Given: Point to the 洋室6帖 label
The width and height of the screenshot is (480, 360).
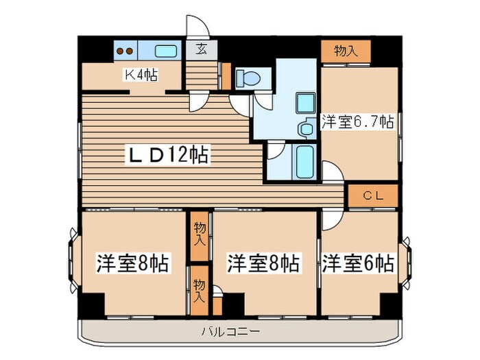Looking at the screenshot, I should [x=358, y=262].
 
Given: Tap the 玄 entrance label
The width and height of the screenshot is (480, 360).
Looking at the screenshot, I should [x=201, y=49].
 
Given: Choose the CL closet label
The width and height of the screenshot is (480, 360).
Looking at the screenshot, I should [x=372, y=195].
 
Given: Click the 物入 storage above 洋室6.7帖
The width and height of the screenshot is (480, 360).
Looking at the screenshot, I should [x=346, y=50].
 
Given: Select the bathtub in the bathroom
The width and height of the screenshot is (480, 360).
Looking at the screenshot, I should [x=303, y=162].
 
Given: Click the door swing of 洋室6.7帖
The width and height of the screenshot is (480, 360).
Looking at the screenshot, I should [x=331, y=171].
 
